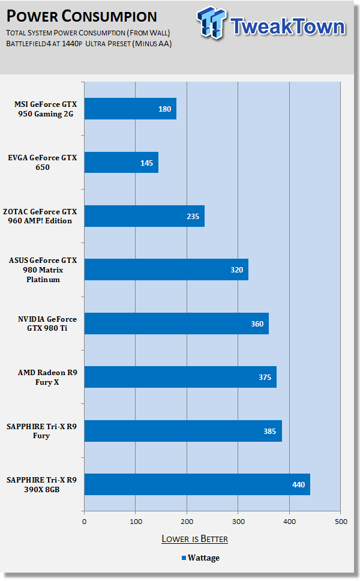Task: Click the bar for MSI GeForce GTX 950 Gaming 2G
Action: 130,109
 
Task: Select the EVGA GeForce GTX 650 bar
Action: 121,163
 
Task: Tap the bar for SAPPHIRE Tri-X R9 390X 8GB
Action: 197,484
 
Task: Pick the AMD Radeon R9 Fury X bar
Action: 180,377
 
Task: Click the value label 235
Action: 193,216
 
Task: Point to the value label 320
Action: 236,269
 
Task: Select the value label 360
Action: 257,324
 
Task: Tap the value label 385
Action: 269,431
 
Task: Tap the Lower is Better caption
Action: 194,538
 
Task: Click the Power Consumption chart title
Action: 82,16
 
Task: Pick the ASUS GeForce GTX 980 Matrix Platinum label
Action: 47,269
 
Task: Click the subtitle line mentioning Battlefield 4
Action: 89,44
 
